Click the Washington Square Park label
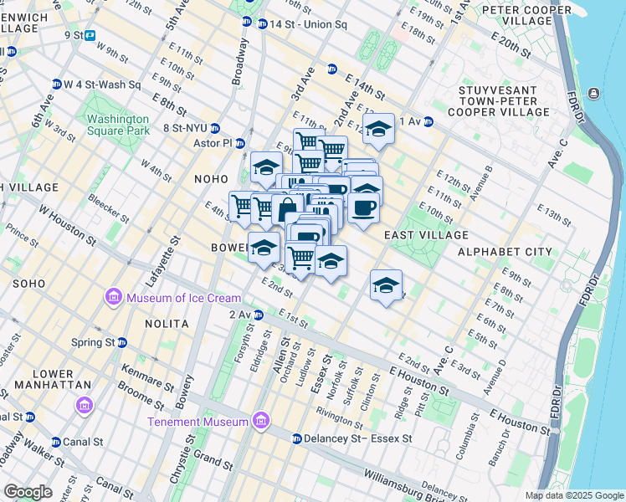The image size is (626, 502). coord(119,125)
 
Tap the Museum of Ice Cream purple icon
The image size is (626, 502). coord(111,297)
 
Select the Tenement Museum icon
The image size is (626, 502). coord(261,420)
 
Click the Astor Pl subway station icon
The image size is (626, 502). coord(239,143)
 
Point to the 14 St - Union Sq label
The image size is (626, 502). coord(307,24)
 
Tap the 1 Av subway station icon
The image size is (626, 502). coord(428,121)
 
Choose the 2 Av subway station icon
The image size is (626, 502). coord(259,315)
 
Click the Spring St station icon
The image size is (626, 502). coord(122,342)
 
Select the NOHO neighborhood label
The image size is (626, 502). coord(211,179)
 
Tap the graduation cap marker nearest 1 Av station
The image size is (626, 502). coord(378,130)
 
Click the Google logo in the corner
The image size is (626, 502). coord(27,492)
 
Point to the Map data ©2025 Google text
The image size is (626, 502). coord(573,495)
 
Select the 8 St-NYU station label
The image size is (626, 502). coord(185,128)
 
